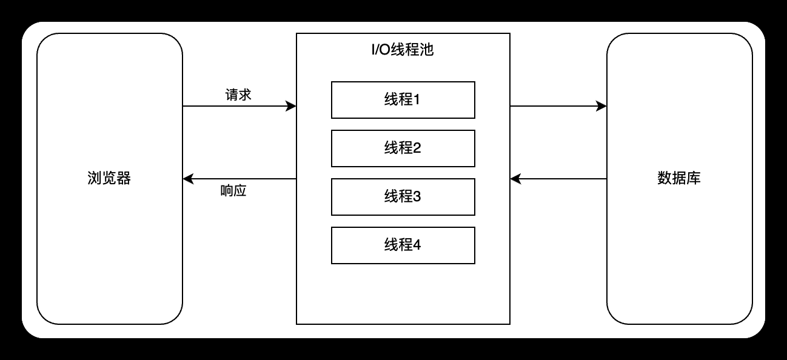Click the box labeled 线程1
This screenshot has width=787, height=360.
pyautogui.click(x=403, y=100)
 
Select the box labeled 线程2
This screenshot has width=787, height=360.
pyautogui.click(x=403, y=148)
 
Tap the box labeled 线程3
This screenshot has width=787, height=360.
pyautogui.click(x=403, y=197)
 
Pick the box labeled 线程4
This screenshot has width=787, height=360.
pyautogui.click(x=403, y=245)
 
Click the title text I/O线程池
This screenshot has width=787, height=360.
pyautogui.click(x=403, y=50)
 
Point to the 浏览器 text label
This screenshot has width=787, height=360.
pyautogui.click(x=109, y=179)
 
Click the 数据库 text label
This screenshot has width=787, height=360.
pyautogui.click(x=679, y=179)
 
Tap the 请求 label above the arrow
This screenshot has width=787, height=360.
pyautogui.click(x=238, y=95)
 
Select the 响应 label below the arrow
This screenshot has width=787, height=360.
pyautogui.click(x=233, y=192)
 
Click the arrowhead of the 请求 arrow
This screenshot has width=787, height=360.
pyautogui.click(x=292, y=106)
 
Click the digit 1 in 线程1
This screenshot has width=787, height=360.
pyautogui.click(x=417, y=100)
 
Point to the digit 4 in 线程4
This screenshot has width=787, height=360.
pyautogui.click(x=417, y=245)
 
